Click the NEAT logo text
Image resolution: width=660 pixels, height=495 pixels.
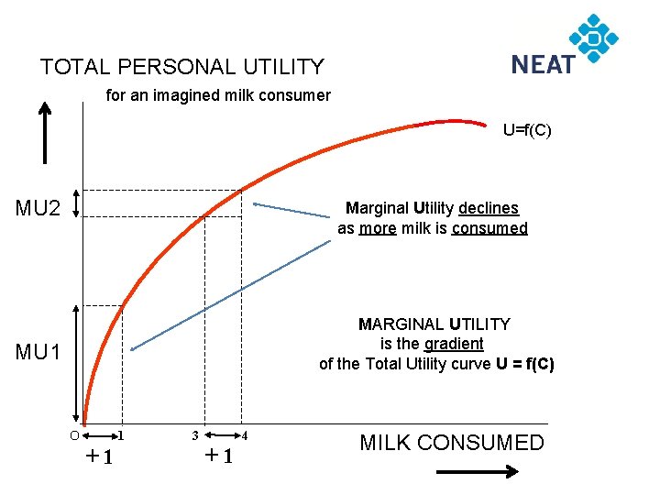(x=543, y=64)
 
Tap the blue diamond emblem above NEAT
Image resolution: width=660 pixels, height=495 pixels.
(x=594, y=38)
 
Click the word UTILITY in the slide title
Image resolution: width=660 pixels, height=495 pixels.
(x=283, y=67)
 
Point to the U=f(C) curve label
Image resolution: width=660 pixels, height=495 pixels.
(x=526, y=130)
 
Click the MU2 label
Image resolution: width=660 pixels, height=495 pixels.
(x=38, y=208)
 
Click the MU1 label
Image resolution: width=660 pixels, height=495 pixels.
(x=38, y=352)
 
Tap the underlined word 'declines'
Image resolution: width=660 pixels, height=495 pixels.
(x=489, y=209)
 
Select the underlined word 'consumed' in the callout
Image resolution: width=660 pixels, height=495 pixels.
(x=489, y=228)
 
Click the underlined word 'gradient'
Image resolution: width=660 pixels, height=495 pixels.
(x=454, y=344)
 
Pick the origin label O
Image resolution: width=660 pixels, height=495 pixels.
(x=74, y=434)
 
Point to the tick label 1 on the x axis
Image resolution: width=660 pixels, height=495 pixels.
(x=121, y=434)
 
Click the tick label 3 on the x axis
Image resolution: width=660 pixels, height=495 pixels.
(x=194, y=434)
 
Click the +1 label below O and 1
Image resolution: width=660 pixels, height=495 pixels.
(x=98, y=456)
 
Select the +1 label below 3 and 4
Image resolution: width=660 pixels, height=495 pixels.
(x=218, y=456)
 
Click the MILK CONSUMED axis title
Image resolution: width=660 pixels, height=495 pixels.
(x=451, y=444)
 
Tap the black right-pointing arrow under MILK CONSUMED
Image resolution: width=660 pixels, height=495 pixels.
(x=476, y=471)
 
